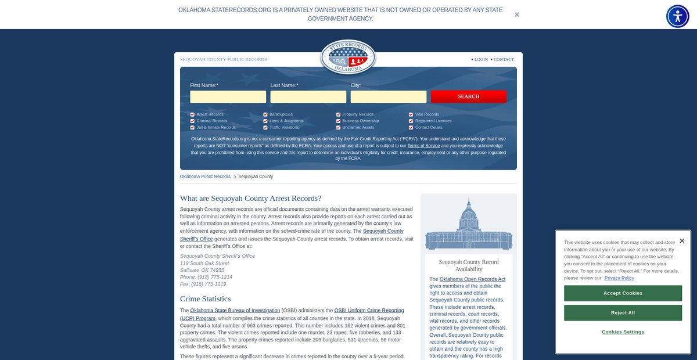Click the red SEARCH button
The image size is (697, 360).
coord(468,96)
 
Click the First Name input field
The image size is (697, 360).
coord(228,96)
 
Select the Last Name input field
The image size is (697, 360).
coord(308,96)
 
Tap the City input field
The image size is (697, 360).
coord(388,96)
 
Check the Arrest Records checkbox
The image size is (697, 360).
coord(192,114)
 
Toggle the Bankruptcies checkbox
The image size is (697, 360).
coord(265,114)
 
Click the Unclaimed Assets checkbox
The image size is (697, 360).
coord(338,127)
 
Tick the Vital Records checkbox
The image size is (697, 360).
coord(411,114)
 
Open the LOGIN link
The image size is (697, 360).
coord(481,59)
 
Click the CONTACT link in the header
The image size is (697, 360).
coord(504,59)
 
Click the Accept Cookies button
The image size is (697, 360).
coord(623,293)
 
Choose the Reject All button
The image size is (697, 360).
coord(623,313)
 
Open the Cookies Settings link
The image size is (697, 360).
coord(623,332)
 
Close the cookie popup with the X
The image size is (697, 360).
coord(682,241)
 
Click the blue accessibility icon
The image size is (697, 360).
coord(677,16)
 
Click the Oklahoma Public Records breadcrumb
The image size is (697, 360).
coord(205,177)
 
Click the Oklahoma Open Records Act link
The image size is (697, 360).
coord(472,279)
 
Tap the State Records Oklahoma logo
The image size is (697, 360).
coord(348,57)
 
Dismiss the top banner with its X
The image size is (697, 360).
coord(517,15)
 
